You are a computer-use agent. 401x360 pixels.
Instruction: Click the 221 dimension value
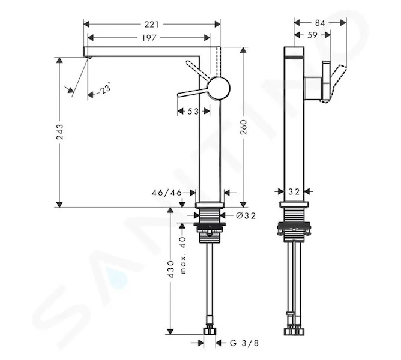click(x=152, y=24)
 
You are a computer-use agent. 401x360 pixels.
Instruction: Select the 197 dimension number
click(x=149, y=38)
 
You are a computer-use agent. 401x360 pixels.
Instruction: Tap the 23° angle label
click(x=106, y=88)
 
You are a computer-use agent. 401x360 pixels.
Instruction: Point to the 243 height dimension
click(x=60, y=132)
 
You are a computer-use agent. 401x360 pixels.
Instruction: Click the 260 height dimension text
click(x=244, y=127)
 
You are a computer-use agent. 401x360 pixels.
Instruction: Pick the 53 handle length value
click(x=193, y=112)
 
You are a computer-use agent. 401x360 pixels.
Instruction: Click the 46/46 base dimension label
click(x=167, y=193)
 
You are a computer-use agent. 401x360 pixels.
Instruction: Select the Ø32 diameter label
click(x=246, y=216)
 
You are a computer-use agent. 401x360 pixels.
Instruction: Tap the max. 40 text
click(x=183, y=255)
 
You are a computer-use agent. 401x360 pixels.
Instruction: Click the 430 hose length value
click(x=170, y=269)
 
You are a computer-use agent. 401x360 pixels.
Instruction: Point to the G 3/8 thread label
click(x=244, y=343)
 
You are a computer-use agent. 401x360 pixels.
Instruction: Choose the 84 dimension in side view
click(x=320, y=23)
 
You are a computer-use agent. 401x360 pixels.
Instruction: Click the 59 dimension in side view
click(x=312, y=35)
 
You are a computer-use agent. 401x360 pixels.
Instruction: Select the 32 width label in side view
click(x=294, y=191)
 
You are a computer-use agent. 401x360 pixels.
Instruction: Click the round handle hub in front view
click(x=220, y=88)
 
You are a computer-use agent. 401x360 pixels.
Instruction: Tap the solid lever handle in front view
click(x=193, y=93)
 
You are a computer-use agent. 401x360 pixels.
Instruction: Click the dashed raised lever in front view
click(x=199, y=70)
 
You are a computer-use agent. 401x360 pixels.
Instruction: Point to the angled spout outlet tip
click(x=88, y=57)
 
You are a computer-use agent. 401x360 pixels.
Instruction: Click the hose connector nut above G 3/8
click(x=210, y=331)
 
